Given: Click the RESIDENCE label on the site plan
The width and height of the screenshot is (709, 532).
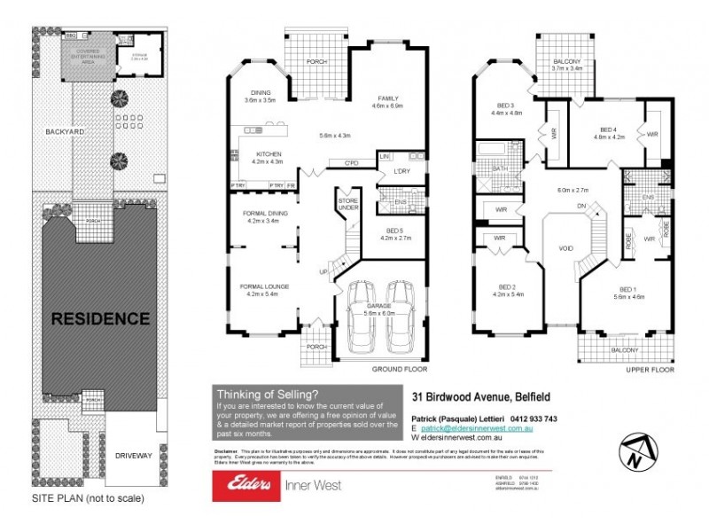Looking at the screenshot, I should (98, 317).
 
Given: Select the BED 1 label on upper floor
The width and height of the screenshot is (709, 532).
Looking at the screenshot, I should (627, 290).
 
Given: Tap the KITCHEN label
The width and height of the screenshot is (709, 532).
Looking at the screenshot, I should (268, 154).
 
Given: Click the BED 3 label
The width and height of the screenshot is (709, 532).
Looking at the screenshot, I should (509, 106).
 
